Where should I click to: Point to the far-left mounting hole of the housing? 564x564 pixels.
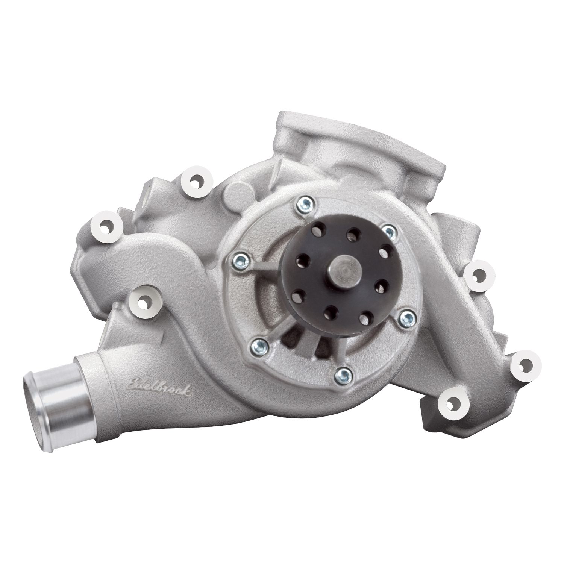[108, 226]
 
